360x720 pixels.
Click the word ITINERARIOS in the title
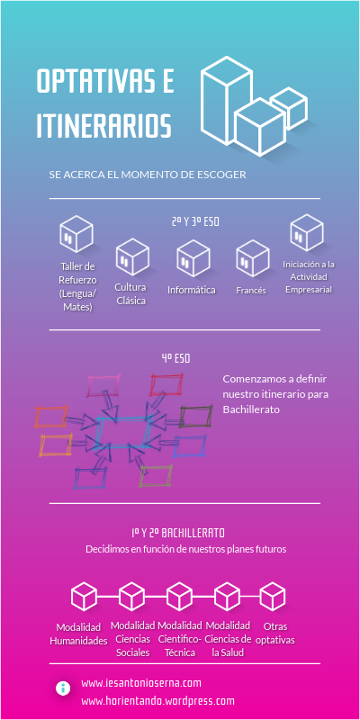pos(104,124)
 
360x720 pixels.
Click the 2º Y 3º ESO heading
pos(195,221)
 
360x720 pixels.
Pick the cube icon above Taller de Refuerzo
pos(76,234)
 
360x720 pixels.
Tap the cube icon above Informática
pos(193,258)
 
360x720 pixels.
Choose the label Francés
pos(251,290)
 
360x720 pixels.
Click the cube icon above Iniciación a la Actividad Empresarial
pos(307,232)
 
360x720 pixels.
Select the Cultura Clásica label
pos(130,294)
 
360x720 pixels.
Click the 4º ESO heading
pos(175,358)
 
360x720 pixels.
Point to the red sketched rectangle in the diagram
pos(166,385)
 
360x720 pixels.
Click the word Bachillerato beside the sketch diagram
pos(251,409)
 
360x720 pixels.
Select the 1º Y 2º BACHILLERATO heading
pos(178,533)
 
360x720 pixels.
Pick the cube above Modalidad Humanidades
pos(84,597)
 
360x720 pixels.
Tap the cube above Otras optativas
pos(273,597)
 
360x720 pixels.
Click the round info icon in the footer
pos(63,688)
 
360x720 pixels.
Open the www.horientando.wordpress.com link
pos(158,701)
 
